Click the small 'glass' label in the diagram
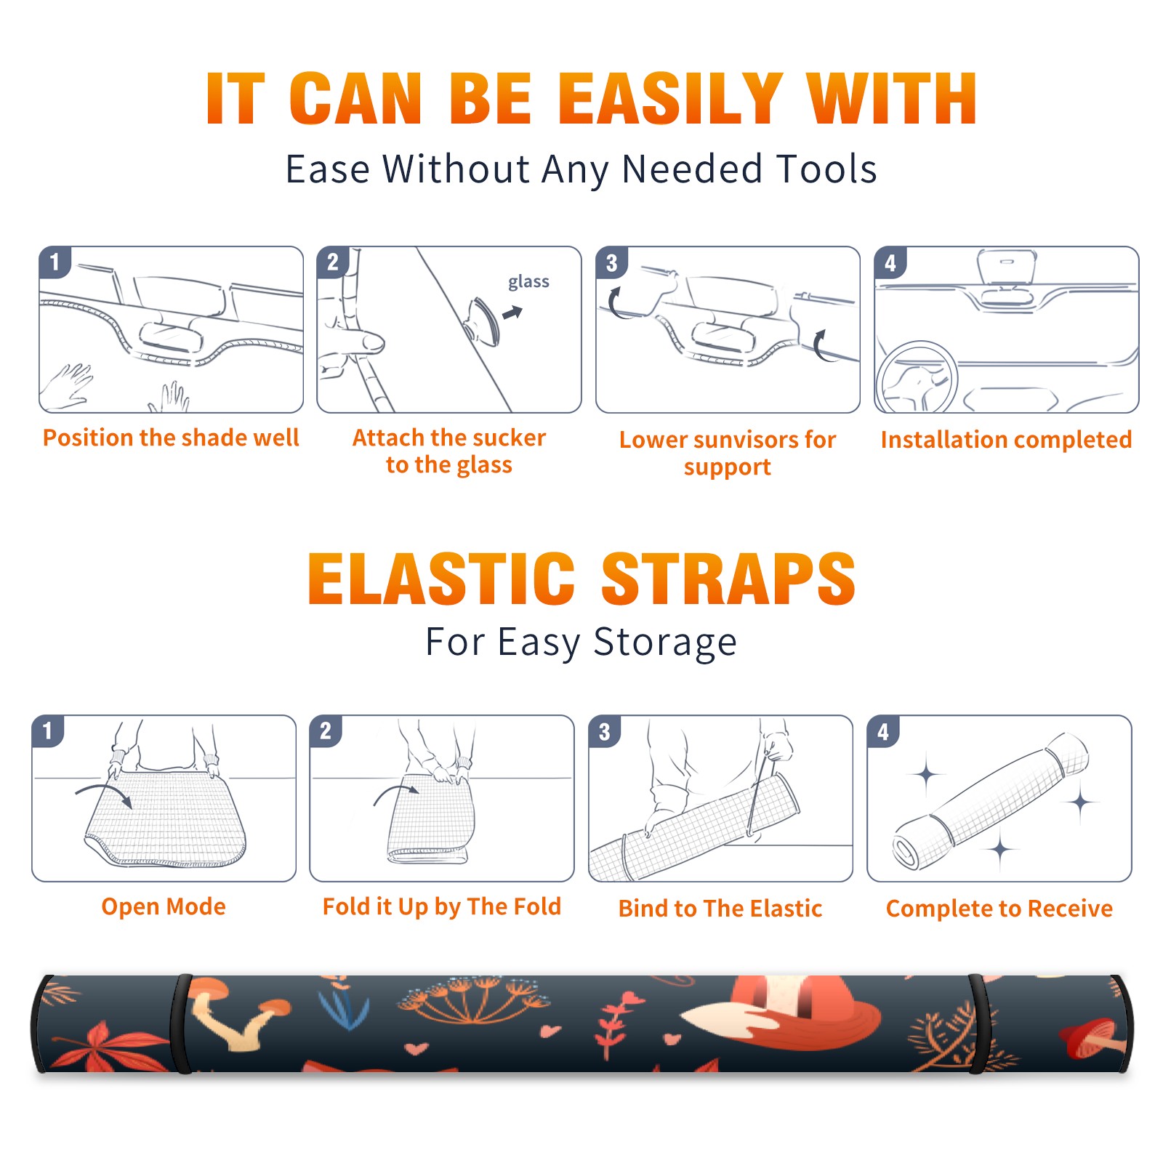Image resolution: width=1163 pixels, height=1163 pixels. [x=528, y=282]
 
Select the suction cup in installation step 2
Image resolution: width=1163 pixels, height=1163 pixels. [x=482, y=321]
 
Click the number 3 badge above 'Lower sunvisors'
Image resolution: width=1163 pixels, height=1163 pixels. [x=611, y=262]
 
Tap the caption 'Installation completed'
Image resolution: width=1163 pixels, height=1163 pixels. [x=1006, y=440]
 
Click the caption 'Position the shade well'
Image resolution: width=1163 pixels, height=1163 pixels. [x=171, y=438]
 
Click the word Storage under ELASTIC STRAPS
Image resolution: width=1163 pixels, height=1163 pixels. [x=665, y=643]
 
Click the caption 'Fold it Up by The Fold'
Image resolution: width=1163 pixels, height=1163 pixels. [x=442, y=906]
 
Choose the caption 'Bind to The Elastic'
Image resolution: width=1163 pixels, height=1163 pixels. [x=720, y=909]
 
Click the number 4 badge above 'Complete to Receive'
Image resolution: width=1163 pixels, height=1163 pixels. [x=883, y=731]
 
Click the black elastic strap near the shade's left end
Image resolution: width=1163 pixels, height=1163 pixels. [x=181, y=1023]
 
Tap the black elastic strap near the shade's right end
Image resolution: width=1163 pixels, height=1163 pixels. [x=977, y=1023]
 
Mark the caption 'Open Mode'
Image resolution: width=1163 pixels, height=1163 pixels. [x=164, y=906]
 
